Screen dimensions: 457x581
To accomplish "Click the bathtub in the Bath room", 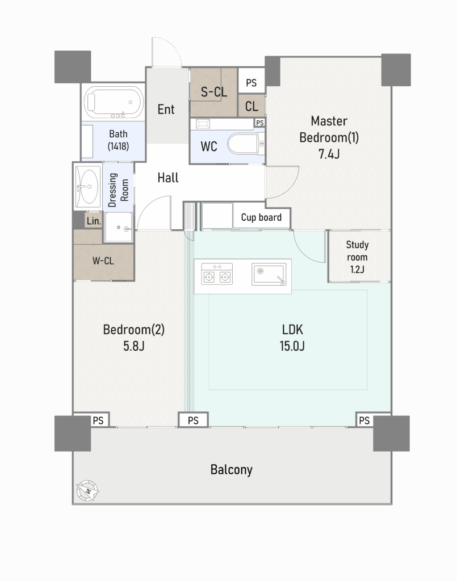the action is (114, 102).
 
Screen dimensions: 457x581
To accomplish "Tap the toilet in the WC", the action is (246, 145).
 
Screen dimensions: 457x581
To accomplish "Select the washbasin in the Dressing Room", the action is (88, 186).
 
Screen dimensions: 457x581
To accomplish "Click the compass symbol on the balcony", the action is (88, 491).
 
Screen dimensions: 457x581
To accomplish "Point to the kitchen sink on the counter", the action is (269, 275).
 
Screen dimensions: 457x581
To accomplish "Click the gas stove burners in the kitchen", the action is (217, 274).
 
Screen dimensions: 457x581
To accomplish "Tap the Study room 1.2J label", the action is (357, 257).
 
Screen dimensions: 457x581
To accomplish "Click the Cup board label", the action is (261, 217).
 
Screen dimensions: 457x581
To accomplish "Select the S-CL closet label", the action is (214, 91).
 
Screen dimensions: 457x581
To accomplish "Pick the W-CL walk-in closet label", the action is (103, 261).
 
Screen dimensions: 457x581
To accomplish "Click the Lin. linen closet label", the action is (94, 221).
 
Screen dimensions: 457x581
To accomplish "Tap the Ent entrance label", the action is (166, 110).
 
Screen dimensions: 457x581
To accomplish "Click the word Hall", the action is (168, 178).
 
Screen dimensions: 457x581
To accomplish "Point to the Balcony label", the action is (231, 469).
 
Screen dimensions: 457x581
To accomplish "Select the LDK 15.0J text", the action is (292, 338).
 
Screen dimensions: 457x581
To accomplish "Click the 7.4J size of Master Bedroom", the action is (329, 154).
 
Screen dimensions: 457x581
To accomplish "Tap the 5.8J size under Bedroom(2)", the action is (134, 346).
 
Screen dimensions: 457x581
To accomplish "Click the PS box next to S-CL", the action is (251, 83).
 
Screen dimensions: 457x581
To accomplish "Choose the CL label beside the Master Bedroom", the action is (251, 107).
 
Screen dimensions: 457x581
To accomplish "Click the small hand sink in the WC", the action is (203, 124).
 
